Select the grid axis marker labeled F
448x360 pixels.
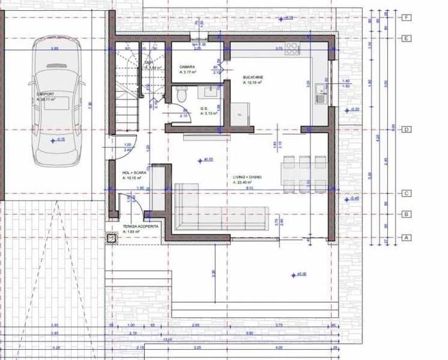click(406, 18)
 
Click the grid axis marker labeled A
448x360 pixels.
click(406, 237)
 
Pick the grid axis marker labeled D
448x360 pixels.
click(406, 130)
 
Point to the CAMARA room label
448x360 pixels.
click(187, 67)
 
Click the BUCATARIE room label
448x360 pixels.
click(252, 77)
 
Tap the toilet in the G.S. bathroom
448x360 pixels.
click(182, 94)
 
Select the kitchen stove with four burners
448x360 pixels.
click(292, 47)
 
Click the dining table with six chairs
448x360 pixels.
click(305, 173)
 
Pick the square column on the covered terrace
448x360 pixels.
click(113, 239)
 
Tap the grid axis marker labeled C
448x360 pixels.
click(406, 193)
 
